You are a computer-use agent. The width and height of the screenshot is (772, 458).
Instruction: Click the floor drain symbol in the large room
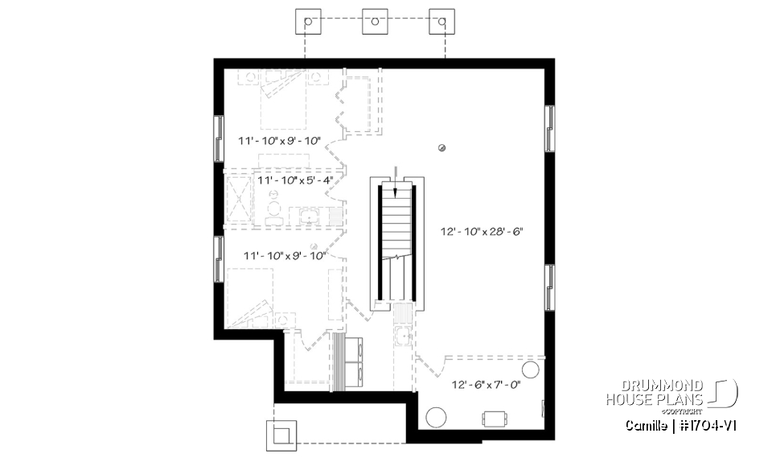point(441,146)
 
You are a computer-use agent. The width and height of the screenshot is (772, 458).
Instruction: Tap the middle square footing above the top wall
point(375,22)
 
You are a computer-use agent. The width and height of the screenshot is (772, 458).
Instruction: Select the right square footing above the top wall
point(441,22)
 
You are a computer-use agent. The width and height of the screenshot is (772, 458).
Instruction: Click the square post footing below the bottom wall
point(281,435)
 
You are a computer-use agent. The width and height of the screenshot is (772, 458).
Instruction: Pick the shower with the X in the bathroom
point(240,196)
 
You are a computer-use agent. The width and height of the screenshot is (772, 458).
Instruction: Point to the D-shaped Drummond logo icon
point(726,393)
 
